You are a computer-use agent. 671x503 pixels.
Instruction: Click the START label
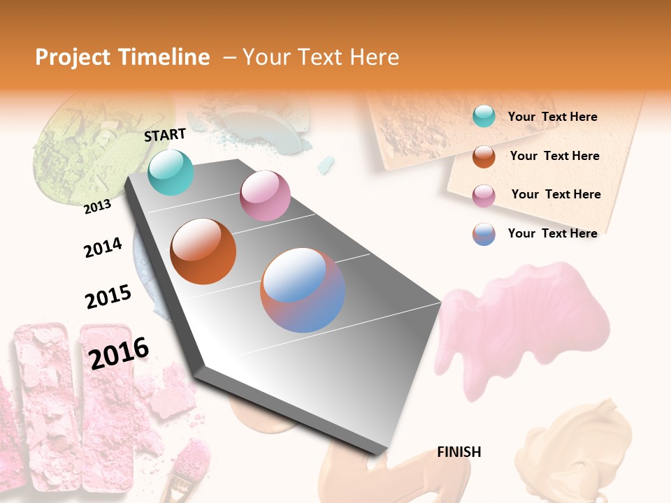(x=165, y=135)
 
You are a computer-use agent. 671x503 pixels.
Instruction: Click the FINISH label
(x=459, y=452)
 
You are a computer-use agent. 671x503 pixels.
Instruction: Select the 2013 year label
(x=97, y=206)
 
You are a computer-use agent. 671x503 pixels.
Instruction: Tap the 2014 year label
(x=103, y=247)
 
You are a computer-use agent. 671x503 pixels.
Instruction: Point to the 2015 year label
(x=108, y=296)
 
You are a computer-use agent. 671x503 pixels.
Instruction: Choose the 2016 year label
(x=119, y=353)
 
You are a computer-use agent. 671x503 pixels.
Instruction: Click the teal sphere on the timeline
(x=171, y=172)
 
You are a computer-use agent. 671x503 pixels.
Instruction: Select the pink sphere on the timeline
(x=265, y=196)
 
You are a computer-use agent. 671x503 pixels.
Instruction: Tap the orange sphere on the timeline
(x=203, y=251)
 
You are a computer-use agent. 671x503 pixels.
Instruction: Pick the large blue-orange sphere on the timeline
(x=303, y=290)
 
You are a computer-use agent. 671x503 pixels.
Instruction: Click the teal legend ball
(x=484, y=117)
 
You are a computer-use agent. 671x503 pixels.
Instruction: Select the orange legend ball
(x=484, y=156)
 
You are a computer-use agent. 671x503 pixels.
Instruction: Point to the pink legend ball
(x=484, y=195)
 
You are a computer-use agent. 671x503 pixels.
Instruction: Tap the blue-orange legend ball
(x=484, y=234)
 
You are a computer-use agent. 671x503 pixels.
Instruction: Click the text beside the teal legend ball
(x=552, y=117)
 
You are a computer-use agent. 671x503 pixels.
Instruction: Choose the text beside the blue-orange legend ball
(x=552, y=233)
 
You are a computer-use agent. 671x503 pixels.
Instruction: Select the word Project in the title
(x=73, y=57)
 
